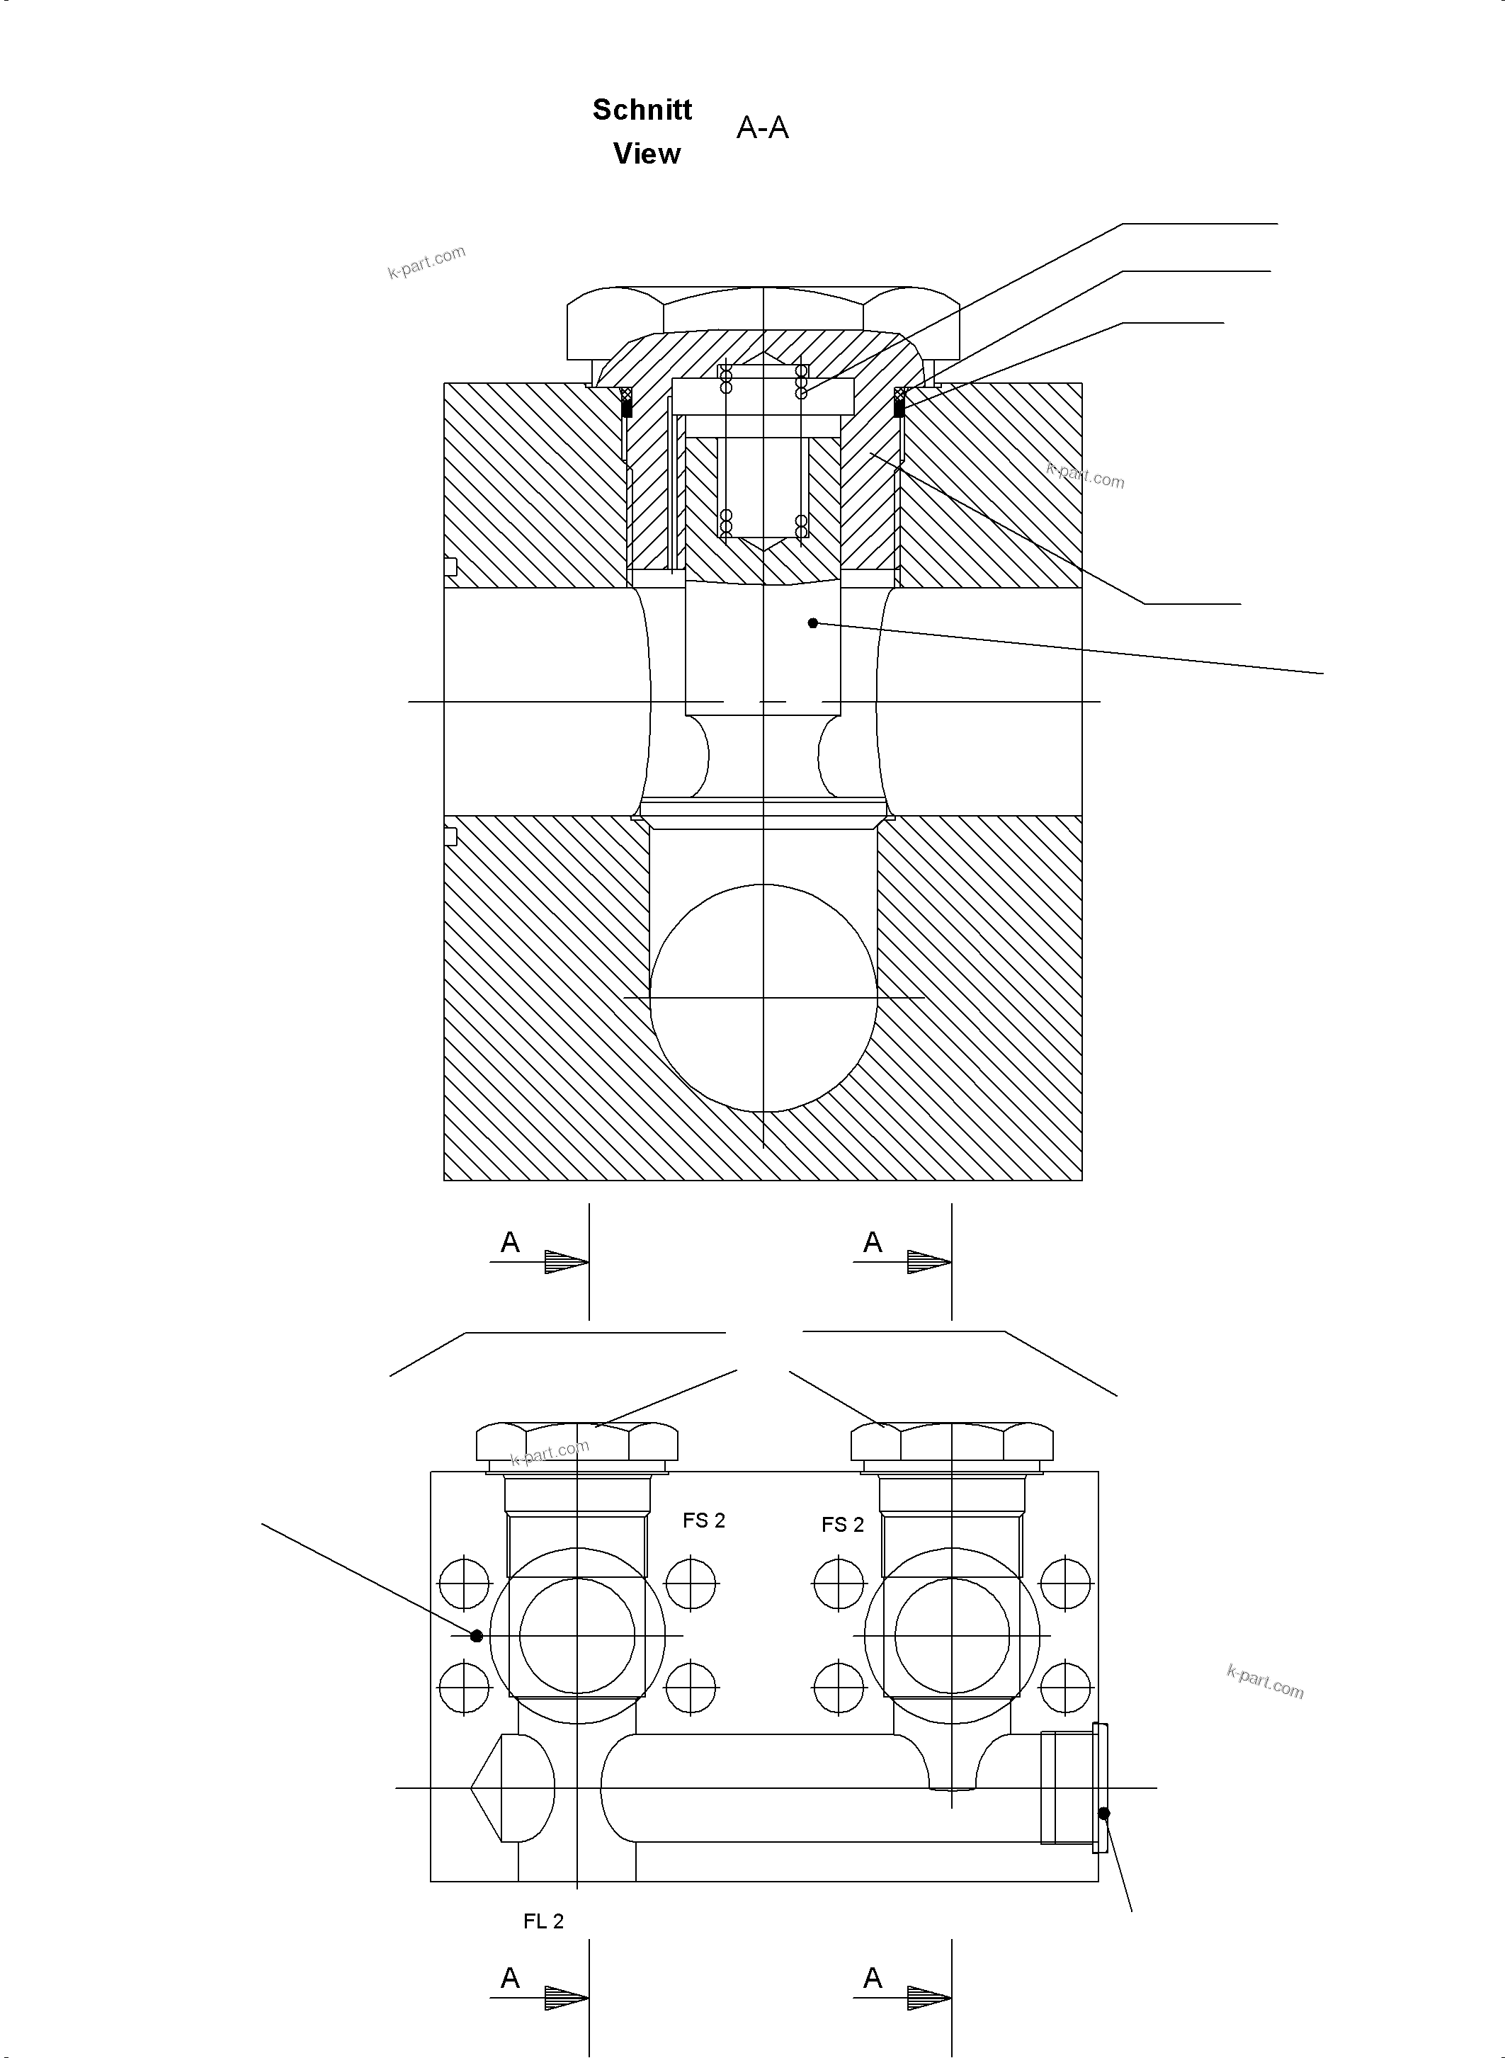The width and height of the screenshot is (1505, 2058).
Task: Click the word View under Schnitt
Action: (646, 154)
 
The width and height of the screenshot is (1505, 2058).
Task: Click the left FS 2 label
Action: (703, 1520)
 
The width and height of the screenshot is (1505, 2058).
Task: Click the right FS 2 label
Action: (842, 1524)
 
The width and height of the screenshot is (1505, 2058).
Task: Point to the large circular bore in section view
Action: (763, 998)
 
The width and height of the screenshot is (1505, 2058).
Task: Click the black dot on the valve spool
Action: (812, 623)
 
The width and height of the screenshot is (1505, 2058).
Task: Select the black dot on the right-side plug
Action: (1104, 1813)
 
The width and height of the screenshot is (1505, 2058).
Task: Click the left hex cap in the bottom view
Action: (577, 1442)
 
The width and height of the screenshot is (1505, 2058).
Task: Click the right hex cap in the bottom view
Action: (952, 1442)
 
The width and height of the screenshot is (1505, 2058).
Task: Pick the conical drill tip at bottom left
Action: (496, 1787)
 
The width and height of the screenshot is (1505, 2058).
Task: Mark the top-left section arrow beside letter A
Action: (565, 1262)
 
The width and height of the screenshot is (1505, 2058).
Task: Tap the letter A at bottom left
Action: (510, 1978)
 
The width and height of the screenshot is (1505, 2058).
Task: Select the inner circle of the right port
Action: (952, 1635)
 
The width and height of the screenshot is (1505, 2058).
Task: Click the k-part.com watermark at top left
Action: (426, 261)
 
